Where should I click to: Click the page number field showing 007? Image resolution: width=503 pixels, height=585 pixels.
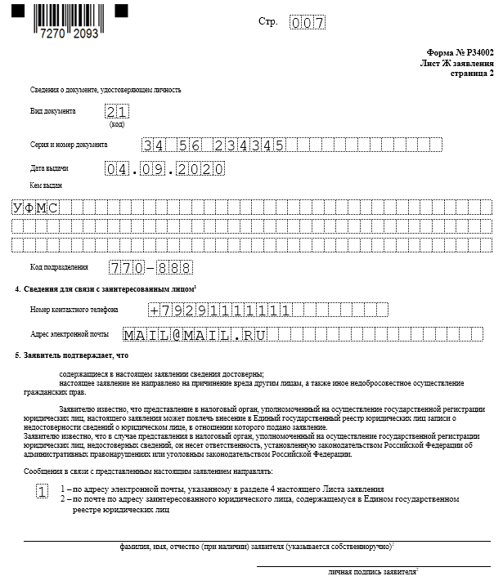(308, 23)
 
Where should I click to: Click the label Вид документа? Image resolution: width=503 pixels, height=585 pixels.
(52, 111)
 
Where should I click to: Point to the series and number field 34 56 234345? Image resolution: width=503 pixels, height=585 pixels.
(213, 145)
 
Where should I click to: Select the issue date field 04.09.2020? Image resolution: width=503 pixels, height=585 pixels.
(164, 169)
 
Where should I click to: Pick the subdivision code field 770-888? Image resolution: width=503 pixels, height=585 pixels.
(150, 267)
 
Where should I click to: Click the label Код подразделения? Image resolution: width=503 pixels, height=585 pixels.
(59, 267)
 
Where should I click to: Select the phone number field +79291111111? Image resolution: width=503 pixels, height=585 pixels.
(221, 310)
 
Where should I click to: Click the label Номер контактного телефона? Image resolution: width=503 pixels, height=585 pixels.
(74, 310)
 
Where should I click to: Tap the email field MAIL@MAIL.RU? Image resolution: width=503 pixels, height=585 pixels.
(195, 335)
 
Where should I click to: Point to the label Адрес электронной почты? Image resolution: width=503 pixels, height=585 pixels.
(70, 335)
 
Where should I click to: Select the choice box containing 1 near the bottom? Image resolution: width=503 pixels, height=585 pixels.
(43, 491)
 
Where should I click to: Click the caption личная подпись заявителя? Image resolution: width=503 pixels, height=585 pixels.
(372, 571)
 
